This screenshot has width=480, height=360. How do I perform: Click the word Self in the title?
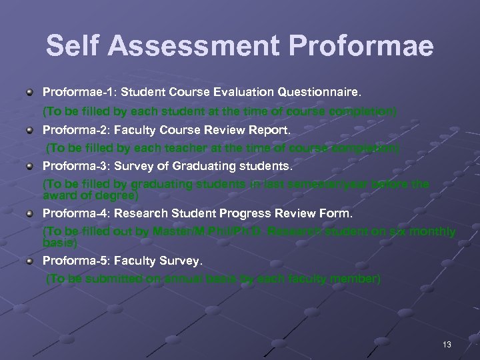pos(73,46)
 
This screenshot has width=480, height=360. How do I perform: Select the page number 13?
pos(447,344)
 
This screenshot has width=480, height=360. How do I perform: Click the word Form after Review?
pos(337,213)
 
